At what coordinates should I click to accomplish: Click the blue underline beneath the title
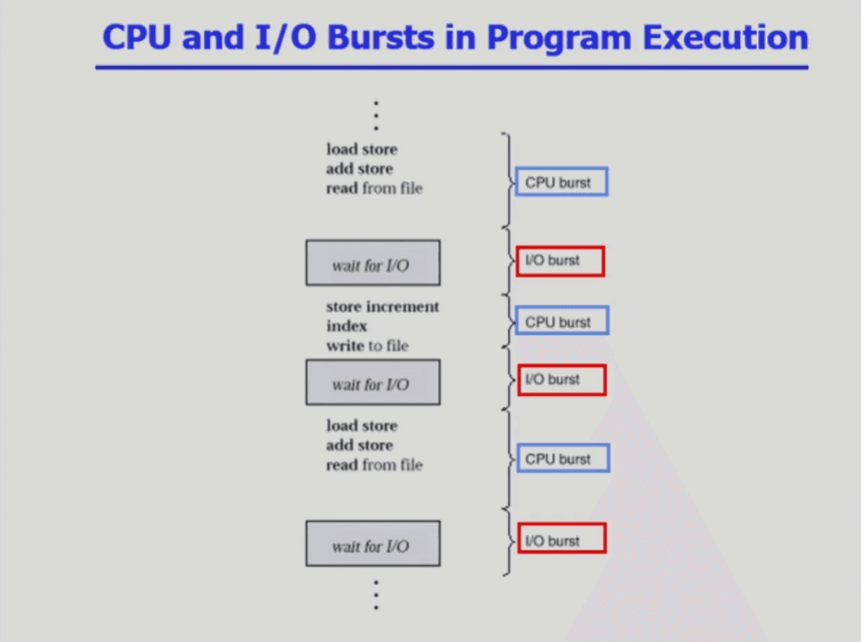(452, 67)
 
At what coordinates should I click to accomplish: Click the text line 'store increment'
(382, 307)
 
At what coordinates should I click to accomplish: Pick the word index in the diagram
(346, 326)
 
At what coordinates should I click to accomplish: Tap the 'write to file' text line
(367, 345)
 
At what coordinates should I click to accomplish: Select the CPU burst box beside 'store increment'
(562, 321)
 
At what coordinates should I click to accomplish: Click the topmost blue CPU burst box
(561, 182)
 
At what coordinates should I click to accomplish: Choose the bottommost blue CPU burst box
(562, 459)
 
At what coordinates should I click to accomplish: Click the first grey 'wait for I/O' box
(373, 263)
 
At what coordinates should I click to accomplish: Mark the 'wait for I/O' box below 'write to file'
(373, 382)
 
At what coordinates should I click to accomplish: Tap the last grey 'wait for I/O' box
(373, 543)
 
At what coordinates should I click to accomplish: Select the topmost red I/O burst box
(560, 261)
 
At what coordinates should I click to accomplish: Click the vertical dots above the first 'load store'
(375, 116)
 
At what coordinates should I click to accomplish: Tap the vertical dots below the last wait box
(375, 595)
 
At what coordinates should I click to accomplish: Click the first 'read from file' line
(374, 188)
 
